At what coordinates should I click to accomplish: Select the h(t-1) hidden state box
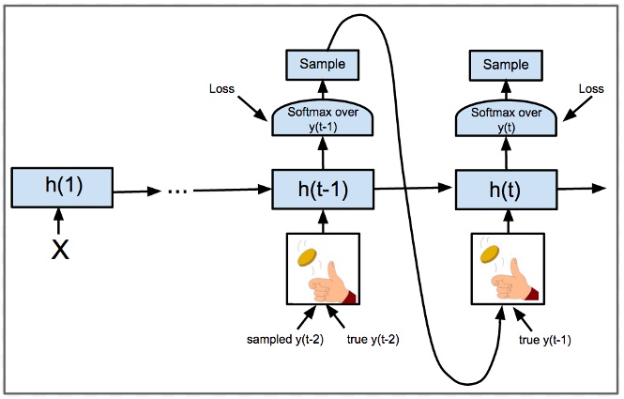[x=322, y=190]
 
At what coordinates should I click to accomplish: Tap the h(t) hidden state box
[x=505, y=190]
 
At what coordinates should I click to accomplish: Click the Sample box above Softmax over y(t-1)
[x=322, y=64]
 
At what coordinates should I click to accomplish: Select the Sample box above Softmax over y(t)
[x=505, y=64]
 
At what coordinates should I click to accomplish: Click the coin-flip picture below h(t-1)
[x=322, y=269]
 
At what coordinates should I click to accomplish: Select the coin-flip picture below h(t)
[x=505, y=269]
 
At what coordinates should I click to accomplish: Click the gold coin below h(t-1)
[x=306, y=256]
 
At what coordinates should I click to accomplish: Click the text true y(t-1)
[x=544, y=339]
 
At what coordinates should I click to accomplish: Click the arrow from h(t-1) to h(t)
[x=413, y=189]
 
